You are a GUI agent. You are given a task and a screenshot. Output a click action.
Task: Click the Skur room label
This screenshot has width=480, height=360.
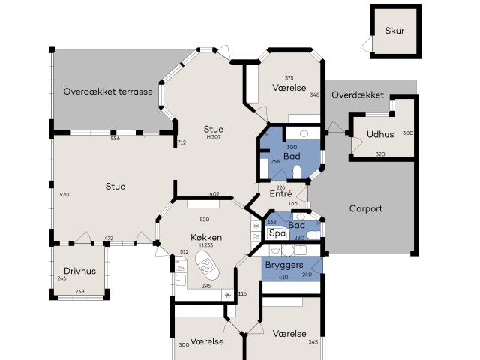pyautogui.click(x=394, y=31)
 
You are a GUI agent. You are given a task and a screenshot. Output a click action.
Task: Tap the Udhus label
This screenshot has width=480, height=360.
pyautogui.click(x=381, y=135)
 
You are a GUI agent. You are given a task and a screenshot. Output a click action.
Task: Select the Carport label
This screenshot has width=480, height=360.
pyautogui.click(x=366, y=208)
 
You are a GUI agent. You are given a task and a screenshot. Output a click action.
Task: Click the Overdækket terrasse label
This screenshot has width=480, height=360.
pyautogui.click(x=108, y=91)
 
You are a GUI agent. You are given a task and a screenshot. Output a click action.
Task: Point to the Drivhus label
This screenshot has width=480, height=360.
pyautogui.click(x=79, y=271)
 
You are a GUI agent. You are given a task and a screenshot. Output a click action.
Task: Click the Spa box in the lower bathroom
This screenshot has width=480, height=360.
pyautogui.click(x=276, y=233)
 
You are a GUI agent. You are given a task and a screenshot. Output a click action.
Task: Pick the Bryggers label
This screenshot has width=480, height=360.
pyautogui.click(x=283, y=265)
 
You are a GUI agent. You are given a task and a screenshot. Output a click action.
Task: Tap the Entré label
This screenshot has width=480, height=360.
pyautogui.click(x=280, y=194)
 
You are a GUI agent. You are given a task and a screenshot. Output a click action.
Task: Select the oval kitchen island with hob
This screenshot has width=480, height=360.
pyautogui.click(x=204, y=263)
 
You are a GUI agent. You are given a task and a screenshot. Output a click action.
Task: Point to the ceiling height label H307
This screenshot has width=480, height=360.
pyautogui.click(x=214, y=137)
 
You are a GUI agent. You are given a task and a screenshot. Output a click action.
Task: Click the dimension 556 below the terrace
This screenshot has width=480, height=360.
pyautogui.click(x=115, y=139)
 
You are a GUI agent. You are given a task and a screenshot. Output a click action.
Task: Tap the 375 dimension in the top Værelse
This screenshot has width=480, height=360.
pyautogui.click(x=289, y=78)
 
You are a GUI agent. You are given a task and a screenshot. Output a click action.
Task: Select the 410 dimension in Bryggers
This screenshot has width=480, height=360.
pyautogui.click(x=283, y=277)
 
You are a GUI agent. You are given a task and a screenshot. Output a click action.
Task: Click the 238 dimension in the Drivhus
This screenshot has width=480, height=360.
pyautogui.click(x=79, y=291)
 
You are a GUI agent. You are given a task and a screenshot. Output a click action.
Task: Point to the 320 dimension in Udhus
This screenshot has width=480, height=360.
pyautogui.click(x=379, y=154)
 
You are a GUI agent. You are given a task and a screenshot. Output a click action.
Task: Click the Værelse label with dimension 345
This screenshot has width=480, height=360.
pyautogui.click(x=289, y=333)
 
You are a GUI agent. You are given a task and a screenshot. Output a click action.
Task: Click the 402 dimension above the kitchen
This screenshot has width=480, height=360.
pyautogui.click(x=214, y=195)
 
